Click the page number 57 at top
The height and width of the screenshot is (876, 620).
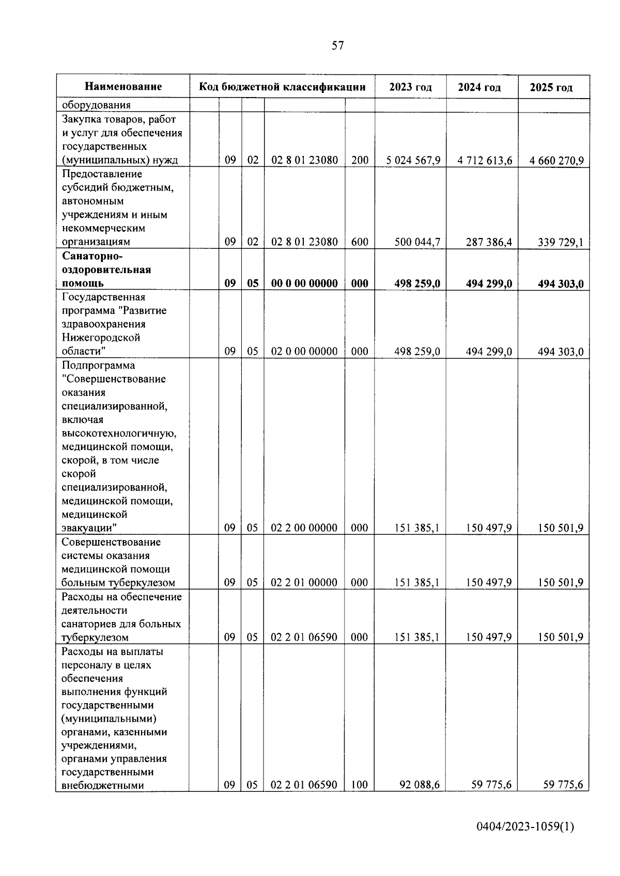(337, 46)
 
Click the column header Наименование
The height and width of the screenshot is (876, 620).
(123, 87)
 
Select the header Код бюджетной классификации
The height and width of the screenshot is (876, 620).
(282, 87)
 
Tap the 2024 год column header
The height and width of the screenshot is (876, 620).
(479, 87)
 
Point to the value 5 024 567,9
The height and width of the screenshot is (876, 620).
(413, 161)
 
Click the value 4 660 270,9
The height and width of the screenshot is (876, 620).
(556, 161)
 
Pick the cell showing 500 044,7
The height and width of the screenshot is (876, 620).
(417, 242)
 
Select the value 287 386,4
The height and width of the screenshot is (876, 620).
(488, 242)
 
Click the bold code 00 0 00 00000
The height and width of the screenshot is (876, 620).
(304, 283)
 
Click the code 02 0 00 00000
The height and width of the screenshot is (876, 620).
(304, 352)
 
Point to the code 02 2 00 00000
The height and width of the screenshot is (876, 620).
(304, 528)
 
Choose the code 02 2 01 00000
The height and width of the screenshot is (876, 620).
(304, 583)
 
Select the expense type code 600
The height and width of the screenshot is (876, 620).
(360, 242)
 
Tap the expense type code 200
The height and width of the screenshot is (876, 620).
(360, 161)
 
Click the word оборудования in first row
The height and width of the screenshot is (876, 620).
(96, 105)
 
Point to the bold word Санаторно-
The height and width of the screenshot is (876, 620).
(92, 257)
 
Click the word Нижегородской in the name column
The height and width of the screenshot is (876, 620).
(101, 338)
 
